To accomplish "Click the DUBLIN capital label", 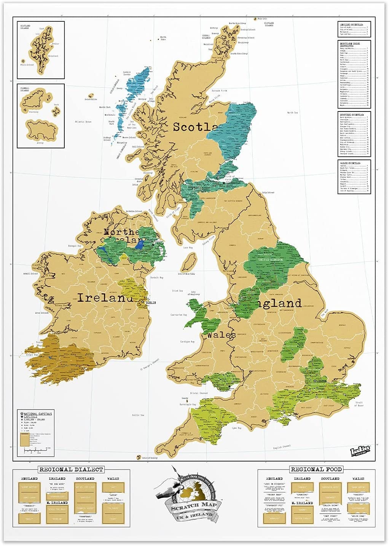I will click(150, 303).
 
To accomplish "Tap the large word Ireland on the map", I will click(105, 298).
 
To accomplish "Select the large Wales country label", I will click(221, 335).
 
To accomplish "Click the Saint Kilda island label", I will click(91, 99).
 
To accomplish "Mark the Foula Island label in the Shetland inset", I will click(27, 65).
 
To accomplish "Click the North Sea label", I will click(292, 113).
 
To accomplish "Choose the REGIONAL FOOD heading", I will click(316, 469).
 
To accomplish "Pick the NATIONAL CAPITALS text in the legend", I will click(38, 414).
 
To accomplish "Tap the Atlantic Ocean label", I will click(83, 122).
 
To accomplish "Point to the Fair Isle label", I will click(262, 18).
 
